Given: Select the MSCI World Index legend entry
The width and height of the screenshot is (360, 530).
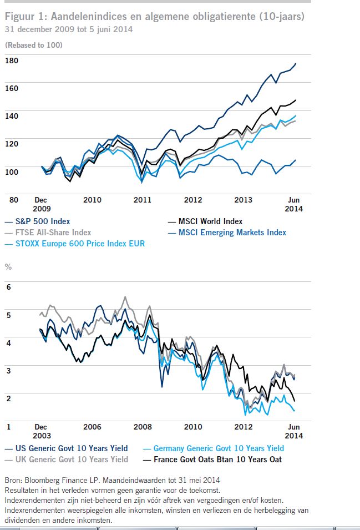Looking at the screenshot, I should pos(210,221).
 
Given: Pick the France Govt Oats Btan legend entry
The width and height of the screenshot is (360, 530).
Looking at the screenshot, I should pos(218,459).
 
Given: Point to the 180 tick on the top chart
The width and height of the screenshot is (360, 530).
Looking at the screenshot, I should pos(11,59).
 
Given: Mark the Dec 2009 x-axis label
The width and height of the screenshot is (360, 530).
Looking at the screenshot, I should pos(41,204).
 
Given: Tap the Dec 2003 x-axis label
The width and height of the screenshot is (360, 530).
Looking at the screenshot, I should pos(41,431).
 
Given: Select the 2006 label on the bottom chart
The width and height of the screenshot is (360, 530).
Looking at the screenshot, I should pos(92,427).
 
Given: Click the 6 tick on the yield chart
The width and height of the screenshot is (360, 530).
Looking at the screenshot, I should pos(8,286).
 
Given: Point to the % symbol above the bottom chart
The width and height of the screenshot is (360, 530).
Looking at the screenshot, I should pos(8,266).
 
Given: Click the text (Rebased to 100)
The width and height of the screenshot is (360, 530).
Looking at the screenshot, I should pos(33,44).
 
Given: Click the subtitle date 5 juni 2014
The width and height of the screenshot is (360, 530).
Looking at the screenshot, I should pos(110,29).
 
